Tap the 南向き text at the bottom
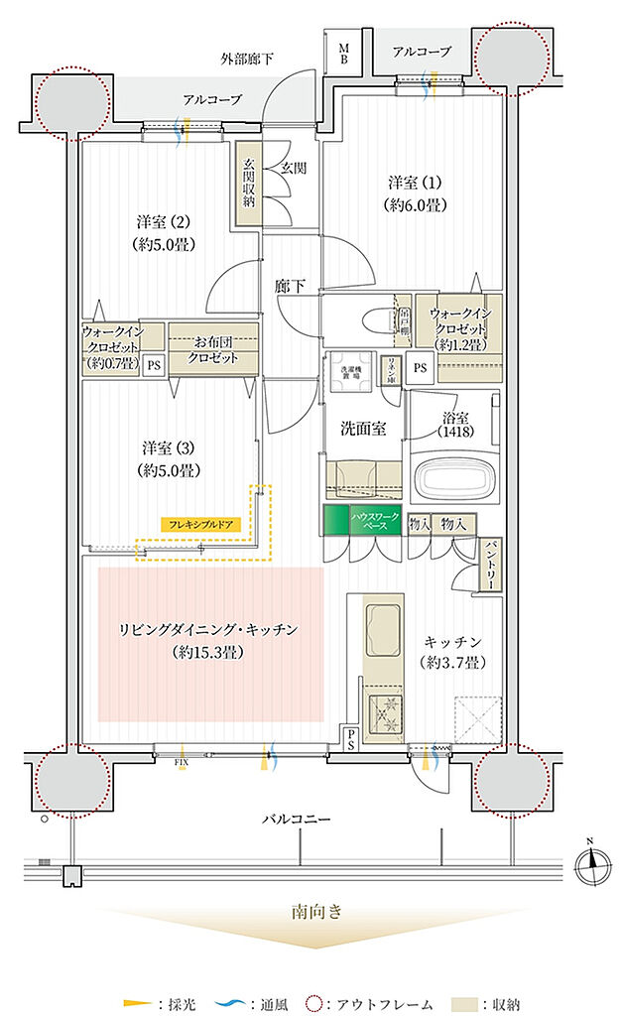coord(314,912)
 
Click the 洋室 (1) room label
coord(415,193)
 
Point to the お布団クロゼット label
coord(212,351)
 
